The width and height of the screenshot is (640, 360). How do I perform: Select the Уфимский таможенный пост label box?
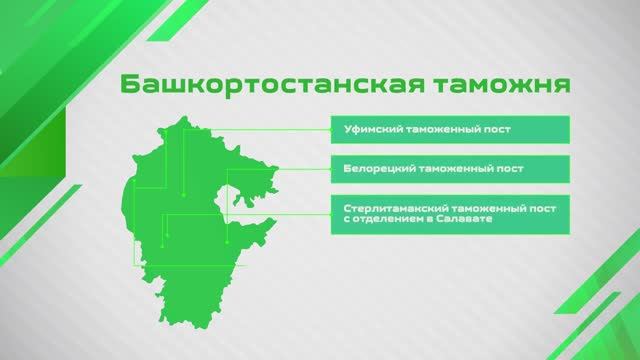(451, 130)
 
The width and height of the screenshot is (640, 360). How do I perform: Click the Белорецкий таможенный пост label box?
(451, 168)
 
